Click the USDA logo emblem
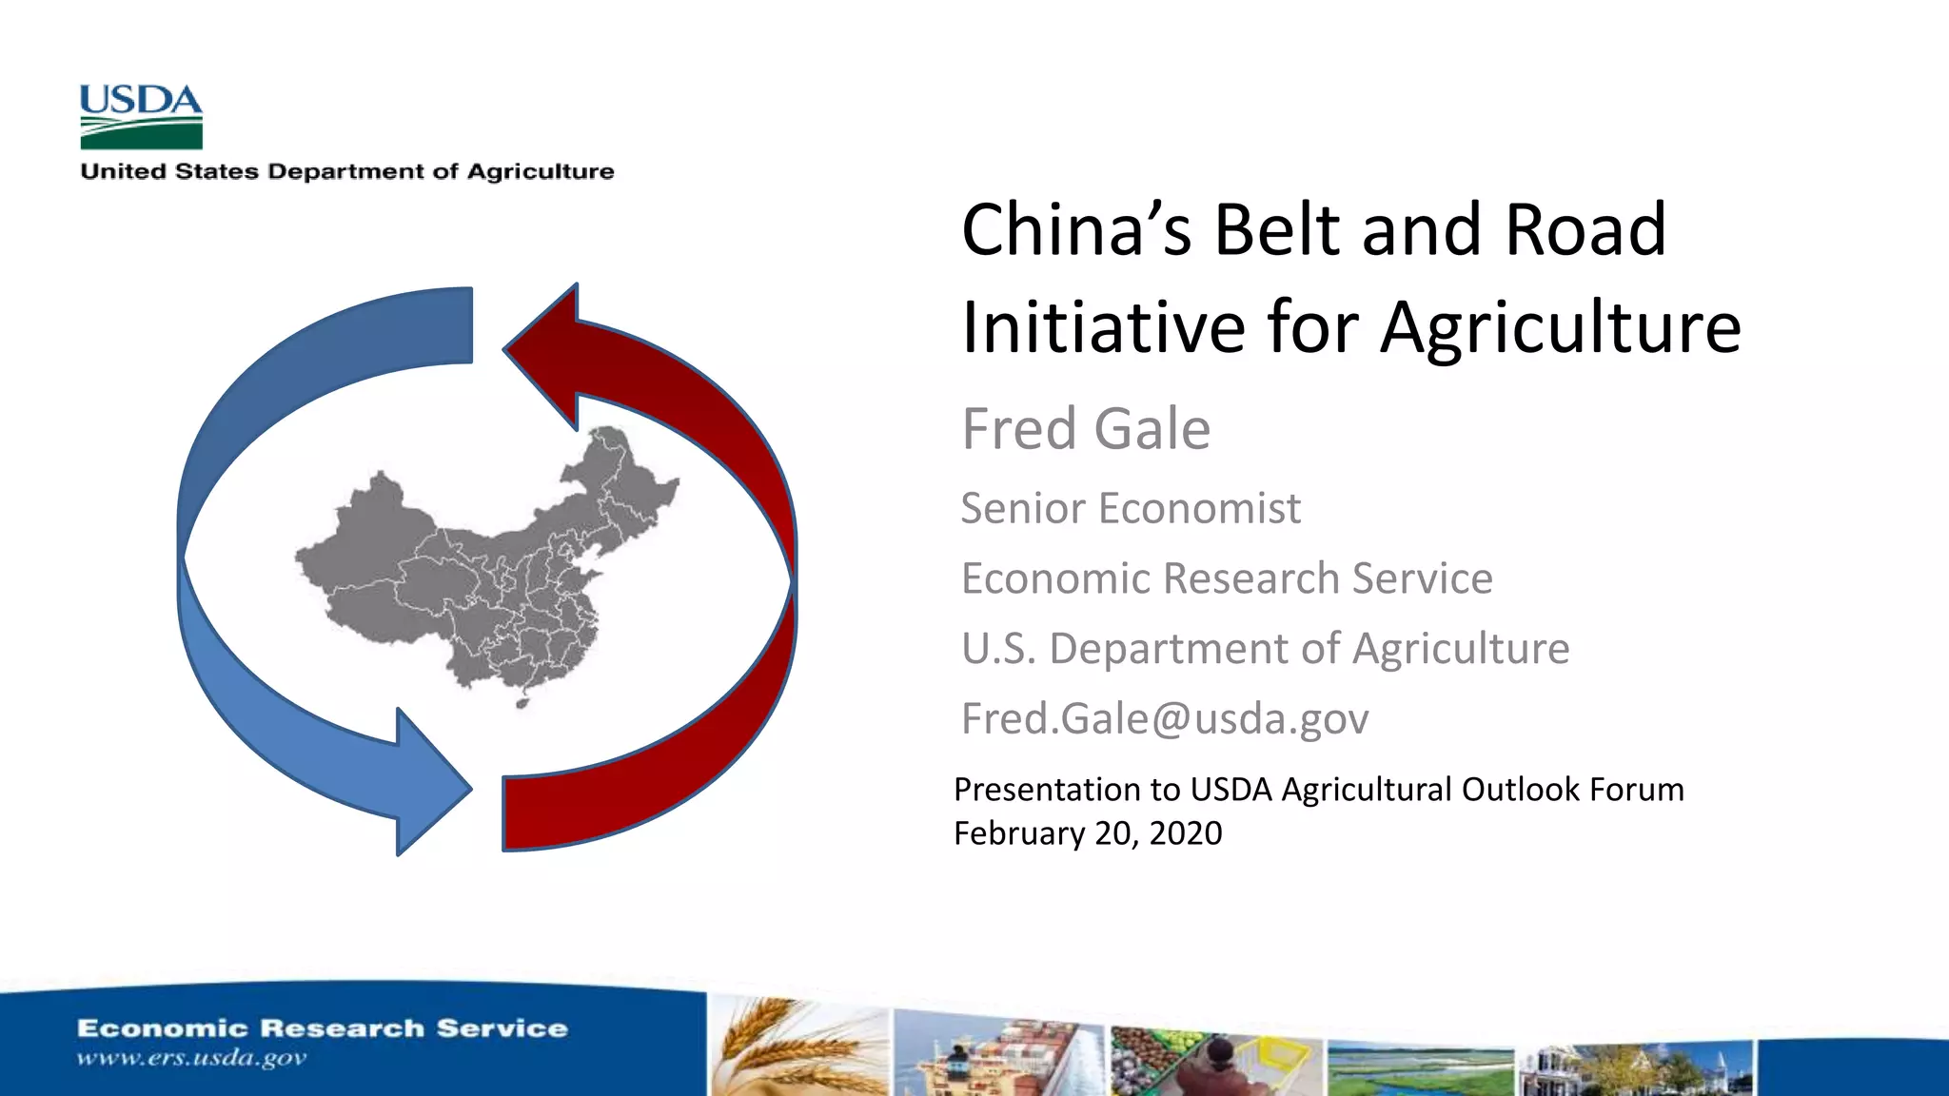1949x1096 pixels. pos(141,116)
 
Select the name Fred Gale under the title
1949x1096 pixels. pos(1086,429)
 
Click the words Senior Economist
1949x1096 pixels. pos(1130,508)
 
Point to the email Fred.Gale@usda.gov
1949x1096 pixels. pos(1165,718)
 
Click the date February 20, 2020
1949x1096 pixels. pos(1088,833)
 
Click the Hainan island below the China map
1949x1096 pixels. pos(522,703)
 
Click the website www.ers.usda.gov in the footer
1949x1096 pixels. pos(191,1058)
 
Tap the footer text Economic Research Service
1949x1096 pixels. pos(322,1028)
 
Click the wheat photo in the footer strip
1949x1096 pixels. pos(797,1047)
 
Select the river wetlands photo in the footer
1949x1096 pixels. pos(1420,1070)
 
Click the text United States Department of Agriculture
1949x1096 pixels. pos(347,172)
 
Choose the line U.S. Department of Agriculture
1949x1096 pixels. pos(1265,649)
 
